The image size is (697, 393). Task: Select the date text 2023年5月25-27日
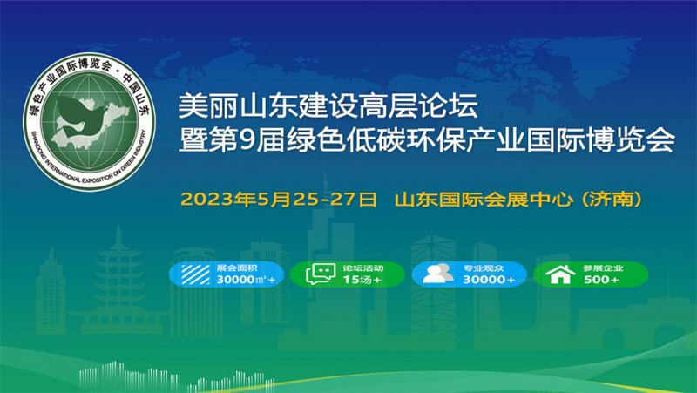tap(279, 200)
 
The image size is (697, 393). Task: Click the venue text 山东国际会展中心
tap(484, 200)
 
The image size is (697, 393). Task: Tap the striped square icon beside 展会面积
tap(195, 274)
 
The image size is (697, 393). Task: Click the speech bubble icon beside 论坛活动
tap(321, 274)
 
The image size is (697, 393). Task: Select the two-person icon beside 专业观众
tap(438, 274)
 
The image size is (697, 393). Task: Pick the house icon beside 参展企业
tap(560, 274)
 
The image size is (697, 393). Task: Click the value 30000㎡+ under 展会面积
tap(246, 280)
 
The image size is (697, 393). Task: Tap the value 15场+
tap(362, 280)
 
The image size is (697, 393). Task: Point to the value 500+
tap(601, 280)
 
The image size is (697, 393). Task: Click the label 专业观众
tap(484, 268)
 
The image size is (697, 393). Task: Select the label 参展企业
tap(603, 268)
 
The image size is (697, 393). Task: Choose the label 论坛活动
tap(362, 268)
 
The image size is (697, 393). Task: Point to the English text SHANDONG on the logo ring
tap(37, 143)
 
